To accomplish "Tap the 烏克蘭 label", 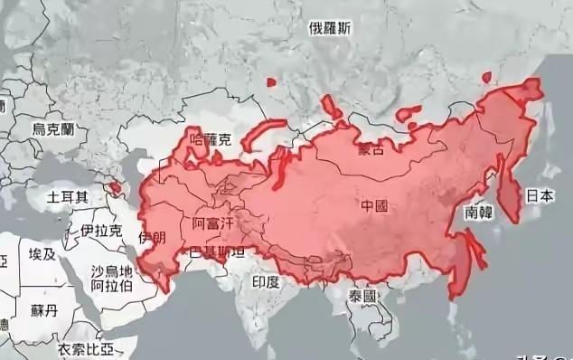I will [x=53, y=130].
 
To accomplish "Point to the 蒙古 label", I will [x=371, y=148].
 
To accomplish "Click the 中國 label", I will [x=374, y=206].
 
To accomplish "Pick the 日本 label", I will [x=540, y=194].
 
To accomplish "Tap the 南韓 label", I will [x=480, y=213].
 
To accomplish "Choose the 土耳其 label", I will [x=68, y=195].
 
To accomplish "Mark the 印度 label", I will [x=266, y=282].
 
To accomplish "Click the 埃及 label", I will [x=42, y=254].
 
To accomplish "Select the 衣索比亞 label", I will [x=88, y=349].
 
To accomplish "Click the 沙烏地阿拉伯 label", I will [x=112, y=279].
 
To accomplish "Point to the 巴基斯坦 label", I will [x=215, y=252].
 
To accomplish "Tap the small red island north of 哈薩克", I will [x=270, y=82].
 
